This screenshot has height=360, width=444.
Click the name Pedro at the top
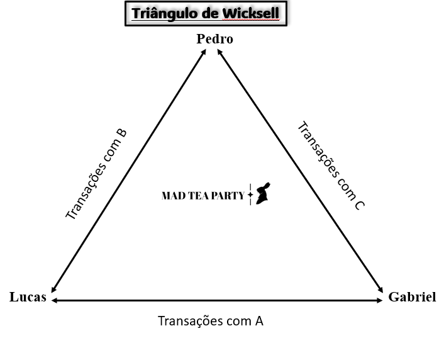tap(214, 39)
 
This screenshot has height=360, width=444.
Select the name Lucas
tap(28, 297)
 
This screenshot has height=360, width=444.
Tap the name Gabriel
tap(412, 297)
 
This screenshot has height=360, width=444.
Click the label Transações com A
tap(210, 320)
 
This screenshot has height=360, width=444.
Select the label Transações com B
tap(96, 174)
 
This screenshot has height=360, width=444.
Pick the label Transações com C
tap(330, 165)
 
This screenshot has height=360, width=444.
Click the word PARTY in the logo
tap(228, 196)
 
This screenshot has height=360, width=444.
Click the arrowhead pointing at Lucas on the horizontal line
tap(55, 301)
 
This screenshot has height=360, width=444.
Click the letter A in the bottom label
tap(259, 320)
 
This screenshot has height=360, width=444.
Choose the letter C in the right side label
tap(359, 205)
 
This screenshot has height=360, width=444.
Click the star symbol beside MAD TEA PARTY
tap(250, 195)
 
